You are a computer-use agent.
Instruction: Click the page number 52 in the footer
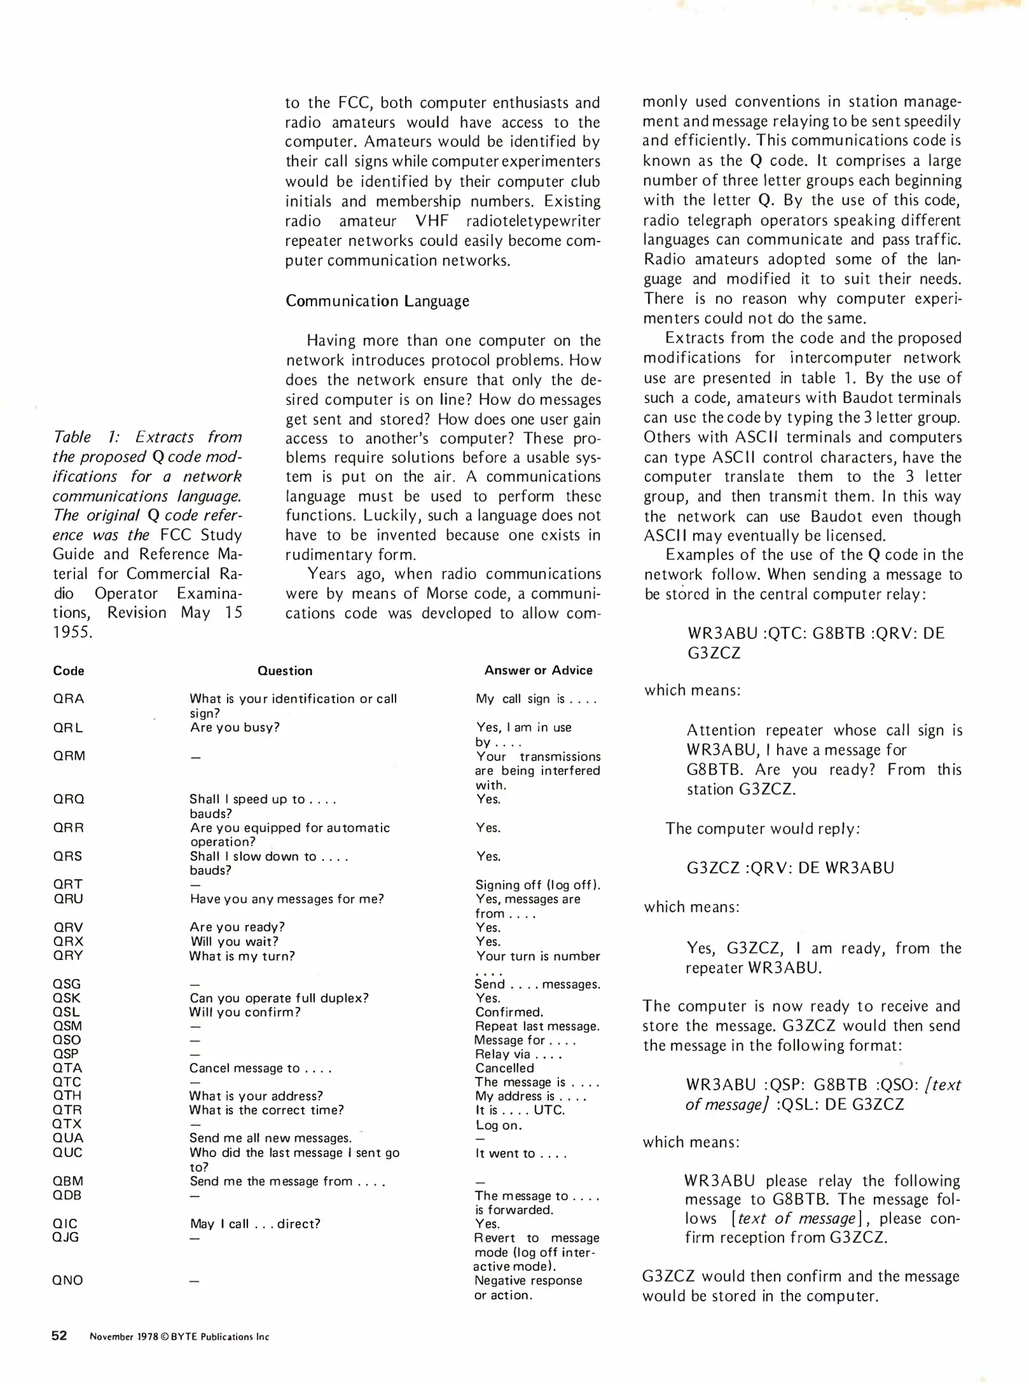pyautogui.click(x=59, y=1335)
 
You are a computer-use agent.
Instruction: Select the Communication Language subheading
pyautogui.click(x=377, y=301)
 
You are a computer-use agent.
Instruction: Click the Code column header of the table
pyautogui.click(x=69, y=671)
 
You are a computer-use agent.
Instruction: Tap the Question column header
pyautogui.click(x=285, y=671)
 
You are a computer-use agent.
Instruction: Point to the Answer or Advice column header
pyautogui.click(x=538, y=670)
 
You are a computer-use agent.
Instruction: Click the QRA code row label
pyautogui.click(x=69, y=699)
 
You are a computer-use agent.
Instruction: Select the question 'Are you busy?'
pyautogui.click(x=235, y=727)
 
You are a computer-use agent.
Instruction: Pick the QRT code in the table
pyautogui.click(x=67, y=884)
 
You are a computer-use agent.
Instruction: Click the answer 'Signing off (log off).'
pyautogui.click(x=537, y=885)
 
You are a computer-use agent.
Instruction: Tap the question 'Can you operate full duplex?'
pyautogui.click(x=279, y=998)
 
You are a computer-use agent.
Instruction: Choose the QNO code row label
pyautogui.click(x=67, y=1280)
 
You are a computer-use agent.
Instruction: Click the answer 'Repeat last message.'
pyautogui.click(x=537, y=1026)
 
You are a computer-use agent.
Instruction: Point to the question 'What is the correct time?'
pyautogui.click(x=266, y=1110)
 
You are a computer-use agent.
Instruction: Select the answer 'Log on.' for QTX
pyautogui.click(x=498, y=1125)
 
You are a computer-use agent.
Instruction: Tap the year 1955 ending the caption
pyautogui.click(x=72, y=632)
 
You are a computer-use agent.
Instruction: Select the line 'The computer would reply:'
pyautogui.click(x=762, y=828)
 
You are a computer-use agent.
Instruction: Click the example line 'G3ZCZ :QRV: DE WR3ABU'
pyautogui.click(x=790, y=868)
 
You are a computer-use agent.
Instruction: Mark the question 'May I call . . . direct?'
pyautogui.click(x=255, y=1224)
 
